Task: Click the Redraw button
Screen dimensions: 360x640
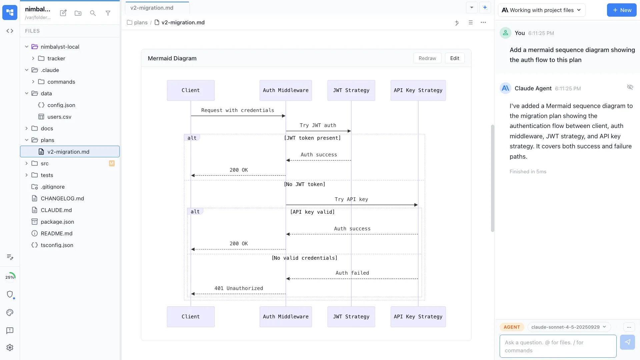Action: [x=427, y=58]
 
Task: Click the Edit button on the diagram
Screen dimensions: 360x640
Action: [x=454, y=58]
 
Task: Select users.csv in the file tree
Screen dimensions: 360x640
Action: [x=59, y=117]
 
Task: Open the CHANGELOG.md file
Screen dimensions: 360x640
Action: [x=62, y=198]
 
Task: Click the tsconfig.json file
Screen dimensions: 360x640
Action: [x=57, y=245]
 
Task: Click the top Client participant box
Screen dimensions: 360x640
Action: [x=190, y=90]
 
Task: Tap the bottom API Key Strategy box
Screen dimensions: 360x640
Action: [x=418, y=317]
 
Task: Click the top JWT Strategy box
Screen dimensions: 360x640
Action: [x=351, y=90]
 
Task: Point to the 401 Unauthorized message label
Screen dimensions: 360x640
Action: [x=238, y=288]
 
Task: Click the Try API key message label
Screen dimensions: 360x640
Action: [x=351, y=199]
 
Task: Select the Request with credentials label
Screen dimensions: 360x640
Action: [x=237, y=110]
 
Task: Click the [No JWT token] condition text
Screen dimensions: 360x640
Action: [x=304, y=184]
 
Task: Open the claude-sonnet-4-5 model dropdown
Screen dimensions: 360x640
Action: [x=568, y=327]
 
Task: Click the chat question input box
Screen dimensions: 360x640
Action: [x=557, y=346]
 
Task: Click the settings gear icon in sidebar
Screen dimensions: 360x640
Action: [x=10, y=347]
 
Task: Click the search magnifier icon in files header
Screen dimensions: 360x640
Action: [x=93, y=13]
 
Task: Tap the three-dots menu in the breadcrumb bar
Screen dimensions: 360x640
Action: [x=483, y=22]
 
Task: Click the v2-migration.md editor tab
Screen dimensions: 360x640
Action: [x=152, y=8]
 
